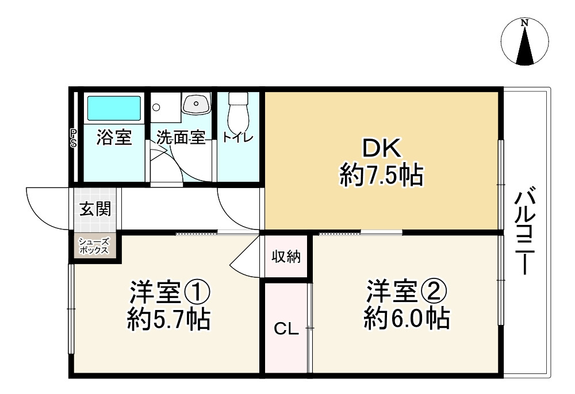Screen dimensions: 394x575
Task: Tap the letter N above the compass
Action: [x=524, y=23]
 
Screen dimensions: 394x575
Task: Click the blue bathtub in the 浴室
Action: [x=113, y=108]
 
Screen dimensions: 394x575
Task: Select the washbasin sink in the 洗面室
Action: [x=198, y=104]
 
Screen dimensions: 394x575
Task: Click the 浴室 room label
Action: [x=114, y=137]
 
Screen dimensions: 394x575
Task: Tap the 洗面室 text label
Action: [x=181, y=138]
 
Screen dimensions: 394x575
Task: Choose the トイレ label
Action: [x=237, y=138]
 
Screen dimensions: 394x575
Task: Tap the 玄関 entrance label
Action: [x=95, y=209]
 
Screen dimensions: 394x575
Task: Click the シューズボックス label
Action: [x=94, y=246]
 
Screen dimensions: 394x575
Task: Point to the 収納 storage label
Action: [x=286, y=257]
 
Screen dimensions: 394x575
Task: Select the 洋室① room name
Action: [x=168, y=292]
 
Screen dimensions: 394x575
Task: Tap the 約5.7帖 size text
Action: [x=168, y=319]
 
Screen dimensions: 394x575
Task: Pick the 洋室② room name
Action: [x=407, y=292]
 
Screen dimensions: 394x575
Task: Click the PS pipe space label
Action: [x=74, y=139]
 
